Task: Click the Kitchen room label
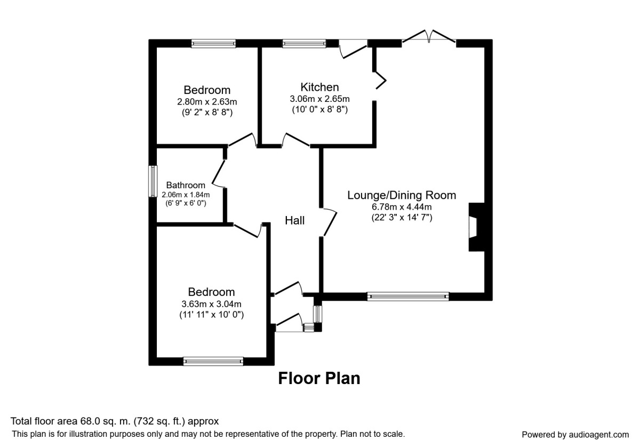coord(319,87)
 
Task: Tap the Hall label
coord(294,221)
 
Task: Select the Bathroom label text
coord(186,185)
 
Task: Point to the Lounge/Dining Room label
coord(402,195)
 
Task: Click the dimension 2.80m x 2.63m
coord(207,102)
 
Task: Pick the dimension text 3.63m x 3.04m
coord(211,303)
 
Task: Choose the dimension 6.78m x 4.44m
coord(402,206)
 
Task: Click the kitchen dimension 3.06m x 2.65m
coord(319,99)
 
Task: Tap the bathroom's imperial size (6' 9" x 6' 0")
coord(186,203)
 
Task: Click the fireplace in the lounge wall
coord(476,227)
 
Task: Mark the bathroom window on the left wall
coord(153,181)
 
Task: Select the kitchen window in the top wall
coord(304,43)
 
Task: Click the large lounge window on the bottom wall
coord(407,297)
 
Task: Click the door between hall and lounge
coord(329,222)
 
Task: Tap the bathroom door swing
coord(219,173)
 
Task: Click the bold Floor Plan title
coord(319,378)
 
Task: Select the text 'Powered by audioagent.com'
coord(575,435)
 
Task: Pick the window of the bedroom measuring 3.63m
coord(213,361)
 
